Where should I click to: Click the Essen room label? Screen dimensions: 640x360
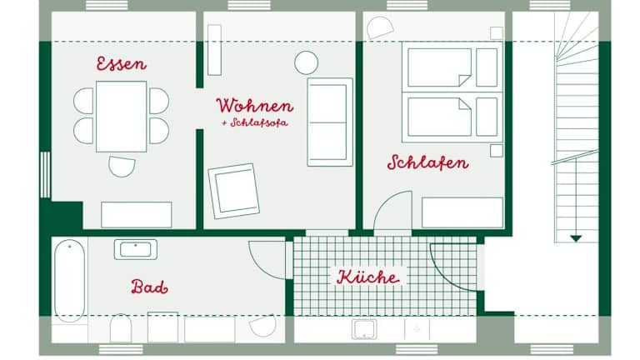pos(121,63)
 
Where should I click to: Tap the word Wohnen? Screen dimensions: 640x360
pos(255,106)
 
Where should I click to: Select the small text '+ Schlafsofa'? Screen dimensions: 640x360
pos(255,122)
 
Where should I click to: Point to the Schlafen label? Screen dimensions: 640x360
pos(427,162)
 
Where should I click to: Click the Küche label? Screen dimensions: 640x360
pos(368,277)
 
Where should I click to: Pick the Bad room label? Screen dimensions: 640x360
pos(149,287)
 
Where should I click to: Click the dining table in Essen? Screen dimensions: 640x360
pos(121,117)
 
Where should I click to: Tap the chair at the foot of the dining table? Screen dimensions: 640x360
pos(122,167)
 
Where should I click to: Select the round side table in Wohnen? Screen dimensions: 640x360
pos(306,62)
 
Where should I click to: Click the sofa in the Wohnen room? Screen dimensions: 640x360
pos(330,122)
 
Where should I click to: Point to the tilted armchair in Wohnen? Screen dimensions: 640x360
pos(234,191)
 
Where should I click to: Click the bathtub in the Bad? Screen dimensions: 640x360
pos(70,280)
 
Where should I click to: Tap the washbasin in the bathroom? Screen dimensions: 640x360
pos(136,249)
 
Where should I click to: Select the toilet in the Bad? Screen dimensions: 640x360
pos(121,327)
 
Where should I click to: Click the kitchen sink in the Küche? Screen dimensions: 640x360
pos(364,329)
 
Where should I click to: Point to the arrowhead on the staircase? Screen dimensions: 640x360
pos(576,238)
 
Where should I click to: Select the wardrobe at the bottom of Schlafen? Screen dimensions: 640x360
pos(462,212)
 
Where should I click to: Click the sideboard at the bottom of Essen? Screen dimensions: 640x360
pos(137,215)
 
